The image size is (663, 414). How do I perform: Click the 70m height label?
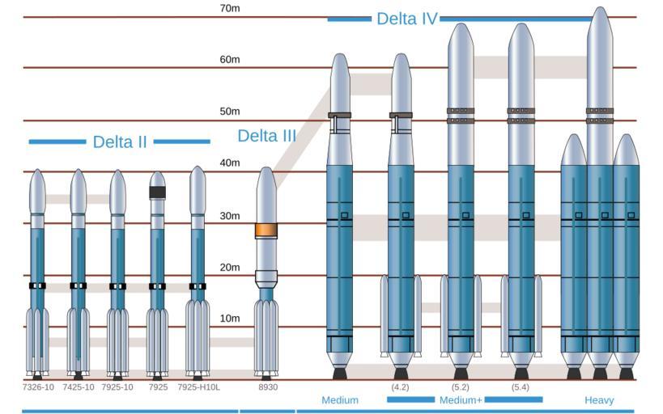230,8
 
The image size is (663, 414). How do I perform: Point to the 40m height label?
230,163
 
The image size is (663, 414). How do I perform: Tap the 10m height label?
230,318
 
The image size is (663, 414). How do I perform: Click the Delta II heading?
120,142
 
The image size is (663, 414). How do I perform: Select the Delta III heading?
267,136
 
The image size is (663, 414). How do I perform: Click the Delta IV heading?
406,19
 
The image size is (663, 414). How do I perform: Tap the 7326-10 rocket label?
38,387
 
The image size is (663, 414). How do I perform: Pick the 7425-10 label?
79,387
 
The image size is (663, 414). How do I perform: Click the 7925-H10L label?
198,387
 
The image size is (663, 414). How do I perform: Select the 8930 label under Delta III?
268,387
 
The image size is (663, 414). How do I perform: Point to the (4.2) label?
400,387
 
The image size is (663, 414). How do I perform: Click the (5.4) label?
520,387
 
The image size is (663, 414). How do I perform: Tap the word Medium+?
461,400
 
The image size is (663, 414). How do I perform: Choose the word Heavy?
599,400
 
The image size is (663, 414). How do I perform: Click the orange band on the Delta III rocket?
266,230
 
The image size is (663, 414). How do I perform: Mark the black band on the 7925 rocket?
157,192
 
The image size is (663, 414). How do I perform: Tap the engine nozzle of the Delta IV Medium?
339,374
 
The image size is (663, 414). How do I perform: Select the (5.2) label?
460,387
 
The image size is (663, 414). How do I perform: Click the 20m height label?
230,268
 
